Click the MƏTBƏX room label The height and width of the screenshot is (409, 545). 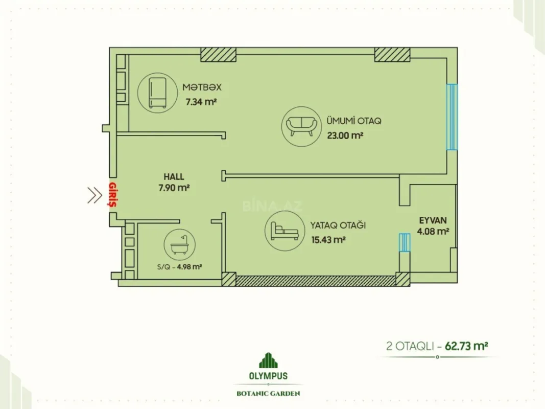pyautogui.click(x=203, y=87)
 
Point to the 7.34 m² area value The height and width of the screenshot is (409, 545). pyautogui.click(x=201, y=102)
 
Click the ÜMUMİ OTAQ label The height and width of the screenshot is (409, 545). pyautogui.click(x=354, y=122)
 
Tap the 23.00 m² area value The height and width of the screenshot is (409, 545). pyautogui.click(x=345, y=136)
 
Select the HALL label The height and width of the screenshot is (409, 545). pyautogui.click(x=174, y=177)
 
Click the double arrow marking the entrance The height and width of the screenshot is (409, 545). pyautogui.click(x=94, y=195)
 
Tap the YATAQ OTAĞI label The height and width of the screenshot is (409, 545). pyautogui.click(x=338, y=225)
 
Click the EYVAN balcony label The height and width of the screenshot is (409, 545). pyautogui.click(x=433, y=220)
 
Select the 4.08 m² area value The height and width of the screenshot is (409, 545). pyautogui.click(x=433, y=231)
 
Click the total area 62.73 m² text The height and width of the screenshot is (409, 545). pyautogui.click(x=465, y=346)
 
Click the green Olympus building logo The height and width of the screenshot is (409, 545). pyautogui.click(x=268, y=360)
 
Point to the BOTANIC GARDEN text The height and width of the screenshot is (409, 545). pyautogui.click(x=268, y=394)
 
